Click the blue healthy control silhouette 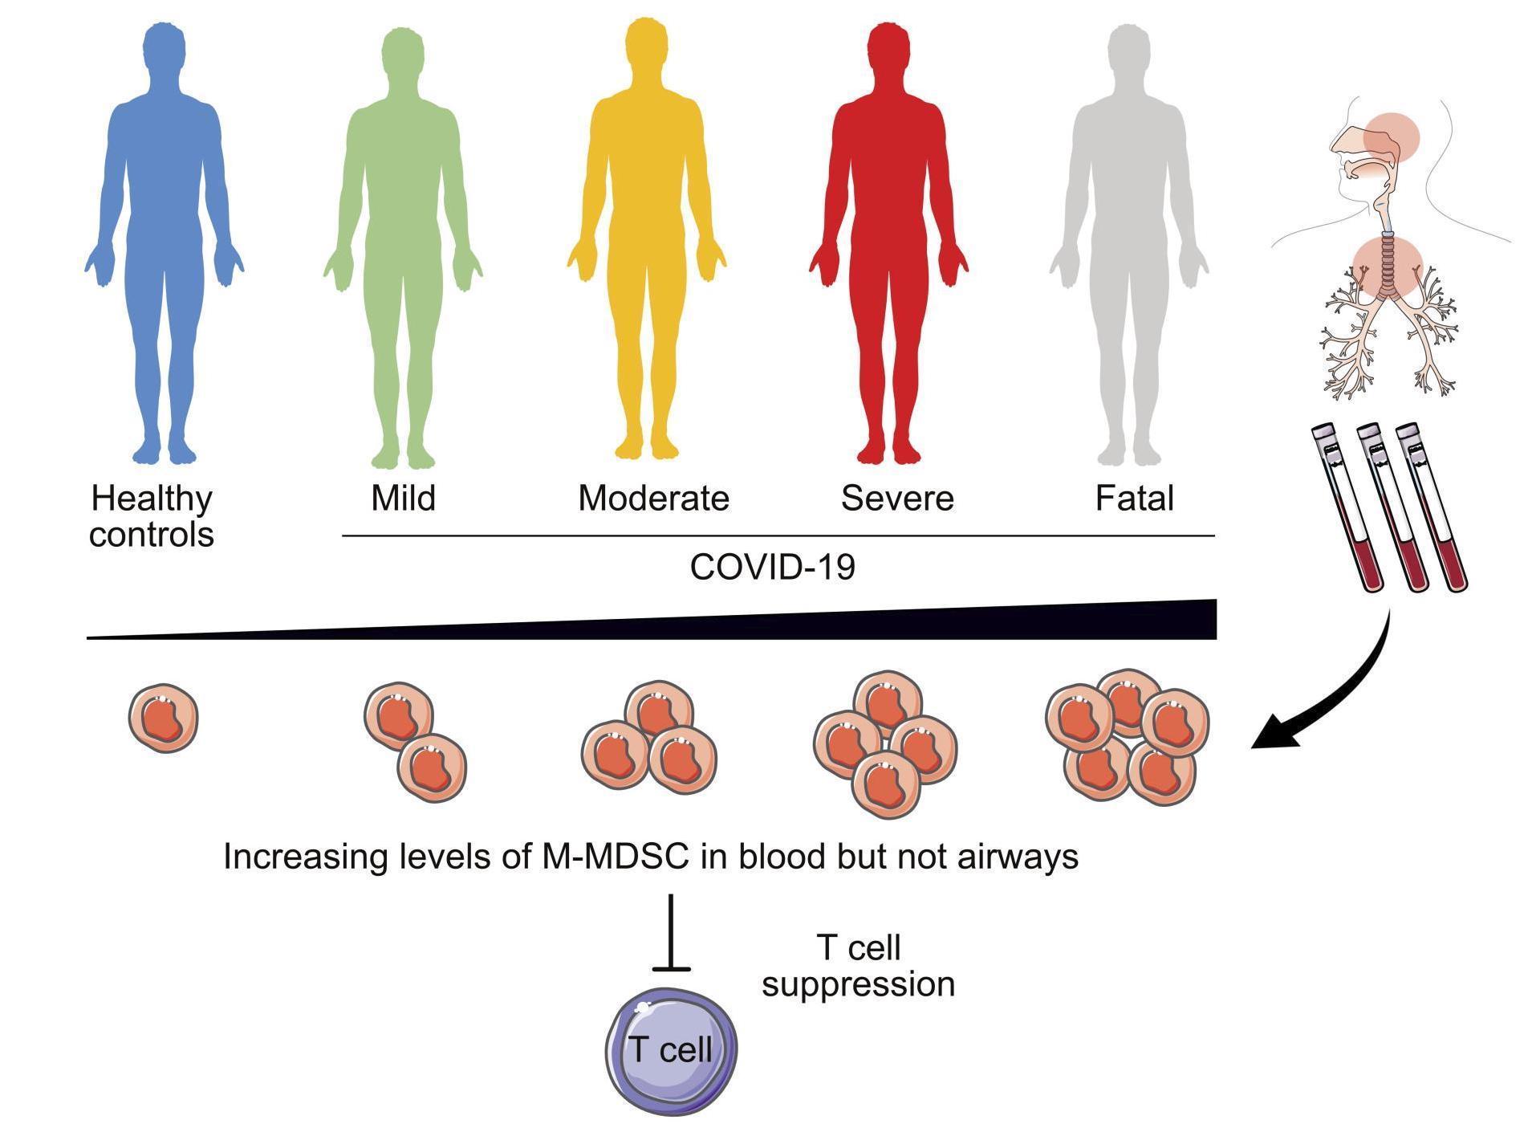tap(164, 241)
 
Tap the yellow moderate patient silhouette tap(646, 241)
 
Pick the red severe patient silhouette tap(888, 241)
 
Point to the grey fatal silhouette tap(1129, 241)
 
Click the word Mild tap(403, 498)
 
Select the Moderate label tap(653, 498)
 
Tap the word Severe tap(897, 498)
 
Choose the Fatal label tap(1134, 498)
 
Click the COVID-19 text tap(772, 567)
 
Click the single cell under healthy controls tap(163, 718)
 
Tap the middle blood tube tap(1392, 507)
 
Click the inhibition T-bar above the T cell tap(671, 933)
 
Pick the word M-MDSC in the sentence tap(611, 857)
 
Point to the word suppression tap(858, 985)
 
